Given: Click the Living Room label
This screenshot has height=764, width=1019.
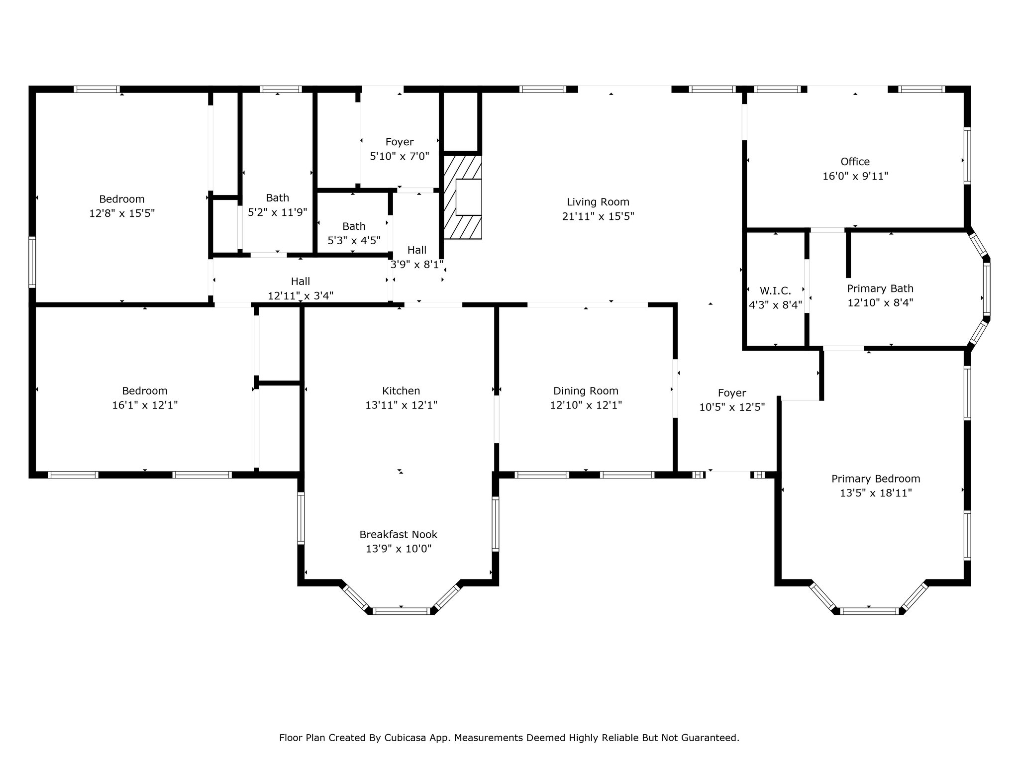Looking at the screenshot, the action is [598, 202].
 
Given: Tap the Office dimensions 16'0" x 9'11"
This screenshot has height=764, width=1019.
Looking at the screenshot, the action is [855, 176].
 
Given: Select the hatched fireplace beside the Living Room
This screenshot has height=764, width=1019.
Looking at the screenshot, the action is [463, 197].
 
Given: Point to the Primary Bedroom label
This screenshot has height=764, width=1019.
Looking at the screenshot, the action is [876, 478].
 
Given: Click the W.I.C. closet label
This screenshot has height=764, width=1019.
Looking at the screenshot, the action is [775, 290].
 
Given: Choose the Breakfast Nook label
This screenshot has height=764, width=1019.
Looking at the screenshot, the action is [399, 534].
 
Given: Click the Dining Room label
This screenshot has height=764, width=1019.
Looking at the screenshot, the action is [586, 391].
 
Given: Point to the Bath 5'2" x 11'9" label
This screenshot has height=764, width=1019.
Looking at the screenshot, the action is [278, 205].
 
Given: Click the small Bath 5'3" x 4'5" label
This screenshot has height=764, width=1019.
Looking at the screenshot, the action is [354, 233].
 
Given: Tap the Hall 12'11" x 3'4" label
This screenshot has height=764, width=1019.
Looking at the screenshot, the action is [301, 288].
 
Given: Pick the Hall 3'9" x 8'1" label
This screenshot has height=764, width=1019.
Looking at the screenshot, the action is [417, 257].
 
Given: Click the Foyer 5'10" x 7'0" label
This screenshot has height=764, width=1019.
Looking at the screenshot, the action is [400, 149].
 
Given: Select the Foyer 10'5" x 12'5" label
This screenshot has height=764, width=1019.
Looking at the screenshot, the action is [732, 400].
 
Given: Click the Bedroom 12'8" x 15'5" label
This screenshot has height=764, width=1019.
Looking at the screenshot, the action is [122, 206].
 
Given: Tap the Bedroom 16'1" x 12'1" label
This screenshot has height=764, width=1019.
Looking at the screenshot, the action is [145, 398].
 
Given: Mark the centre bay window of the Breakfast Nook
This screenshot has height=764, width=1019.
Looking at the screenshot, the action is [401, 611].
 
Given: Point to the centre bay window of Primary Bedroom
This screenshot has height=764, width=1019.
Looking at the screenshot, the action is [869, 611].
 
